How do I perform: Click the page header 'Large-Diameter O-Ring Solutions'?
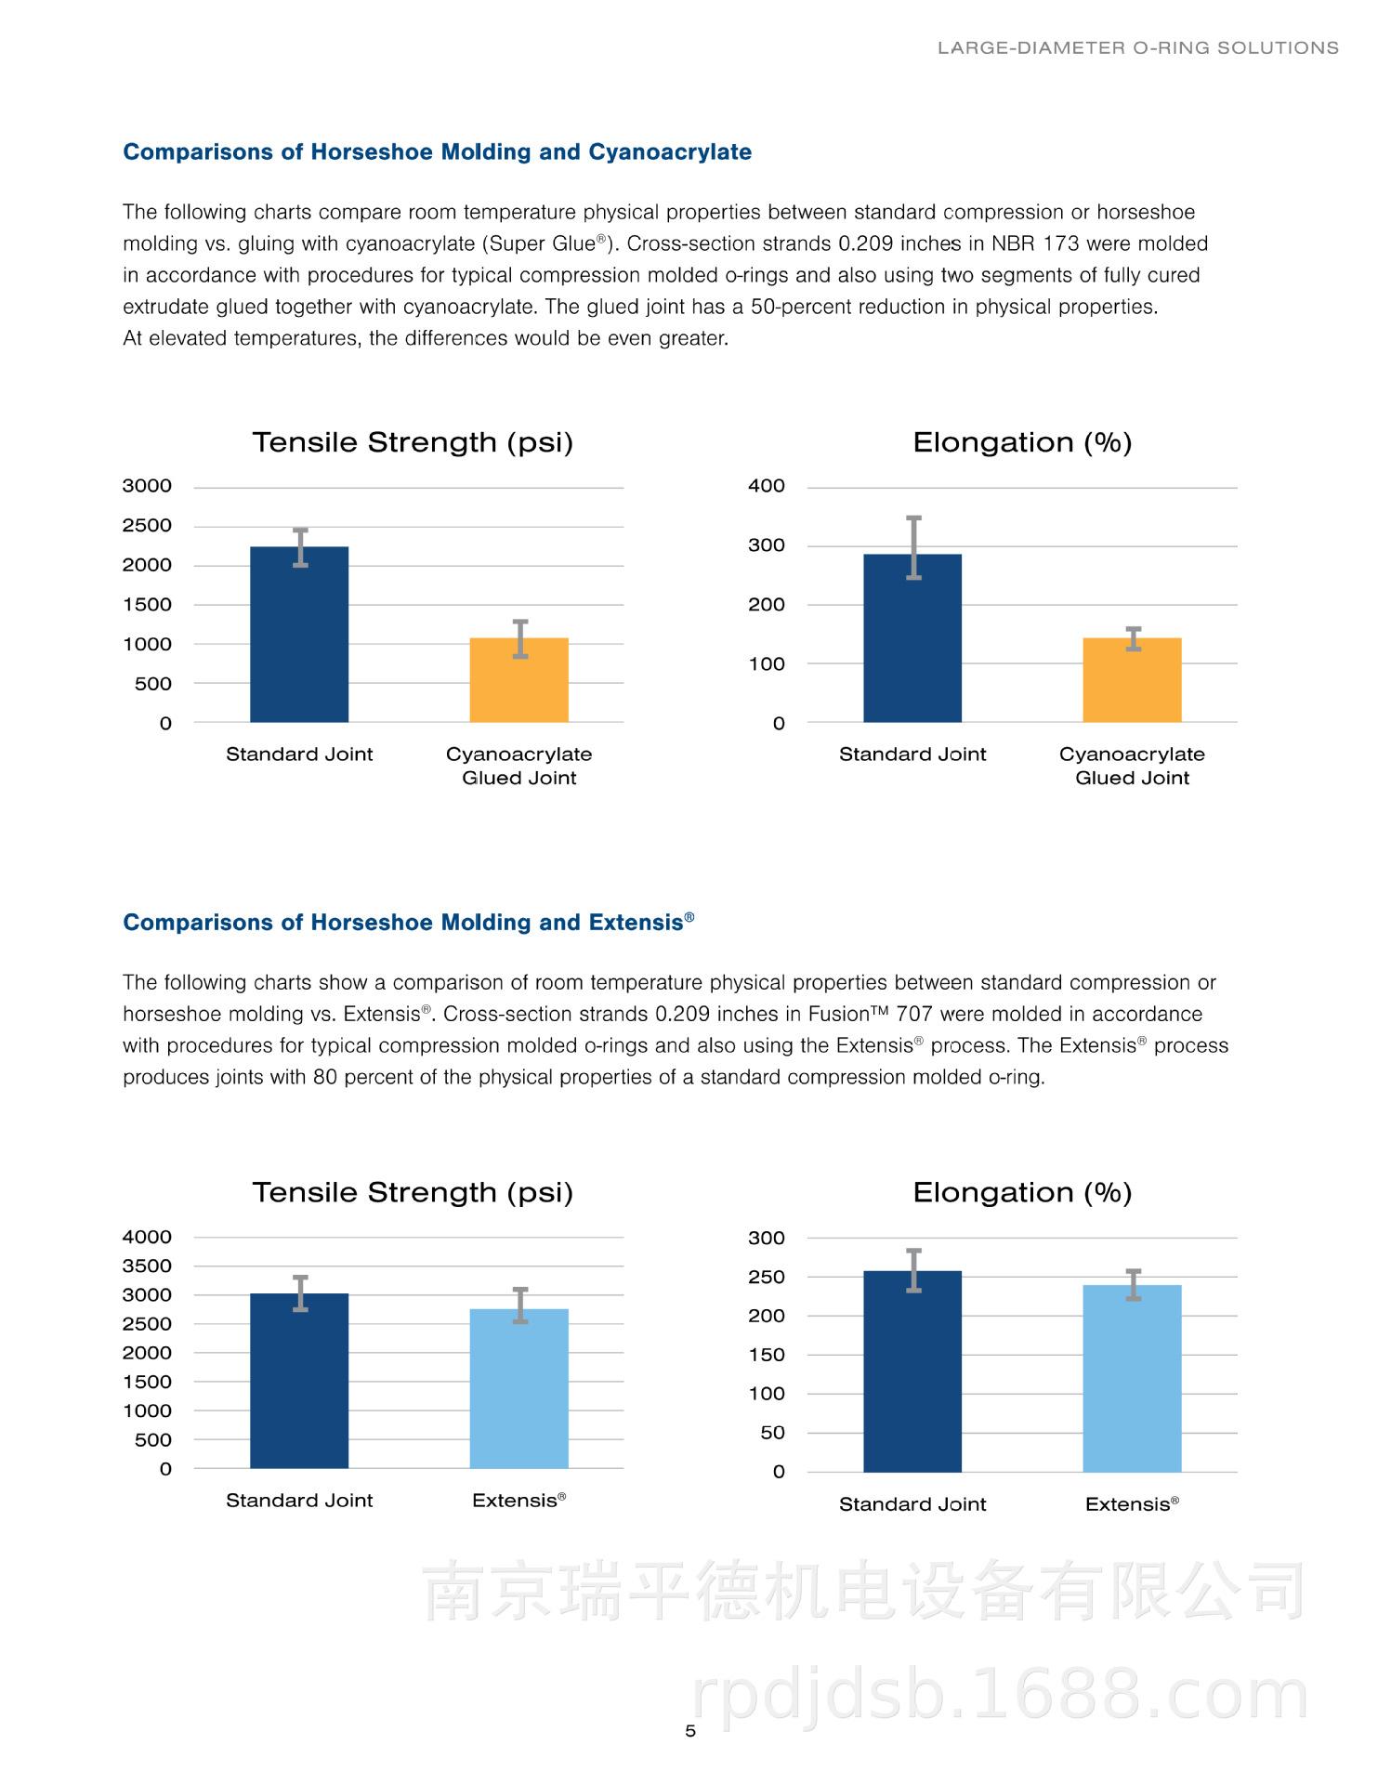1138,47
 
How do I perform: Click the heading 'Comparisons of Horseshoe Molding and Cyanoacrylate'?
438,152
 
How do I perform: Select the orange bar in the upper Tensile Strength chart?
518,680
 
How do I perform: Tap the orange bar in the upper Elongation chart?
1132,680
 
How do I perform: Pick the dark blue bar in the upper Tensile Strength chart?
299,635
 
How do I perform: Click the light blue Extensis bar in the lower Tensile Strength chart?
518,1389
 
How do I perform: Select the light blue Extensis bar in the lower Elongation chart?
1132,1379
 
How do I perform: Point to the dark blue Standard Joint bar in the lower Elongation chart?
912,1371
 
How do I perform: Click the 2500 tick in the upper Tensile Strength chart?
147,526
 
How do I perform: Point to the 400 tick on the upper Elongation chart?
767,486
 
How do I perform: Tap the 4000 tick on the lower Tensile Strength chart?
147,1237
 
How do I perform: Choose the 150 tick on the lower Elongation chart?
767,1355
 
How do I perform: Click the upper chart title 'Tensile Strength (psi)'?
413,443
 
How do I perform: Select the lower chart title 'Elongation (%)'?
1022,1193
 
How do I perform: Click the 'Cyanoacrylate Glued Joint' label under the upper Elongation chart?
1132,766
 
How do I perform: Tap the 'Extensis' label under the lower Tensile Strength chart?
518,1500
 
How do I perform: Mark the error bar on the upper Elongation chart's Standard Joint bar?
913,548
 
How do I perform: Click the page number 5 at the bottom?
689,1731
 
